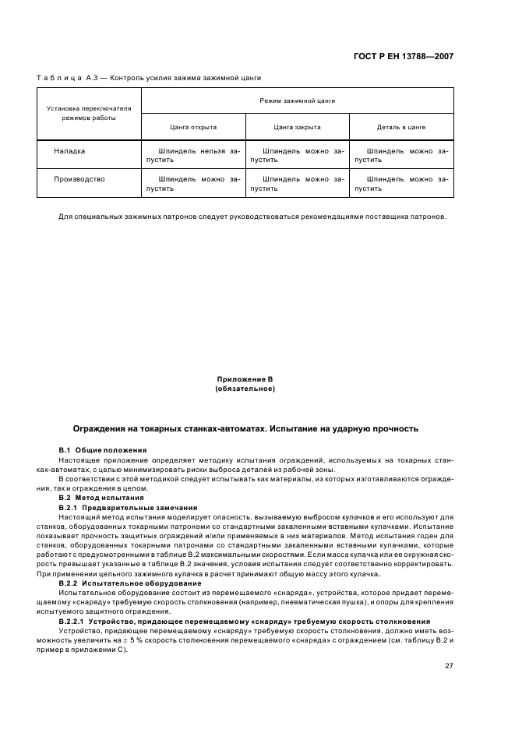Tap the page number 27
tap(449, 665)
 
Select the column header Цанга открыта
tap(193, 126)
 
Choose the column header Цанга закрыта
tap(297, 126)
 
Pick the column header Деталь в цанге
tap(402, 126)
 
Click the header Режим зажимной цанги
tap(297, 101)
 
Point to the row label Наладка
tap(69, 151)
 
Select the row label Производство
tap(79, 179)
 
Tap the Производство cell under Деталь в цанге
tap(401, 183)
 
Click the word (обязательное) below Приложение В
tap(245, 388)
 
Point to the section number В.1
tap(65, 450)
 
